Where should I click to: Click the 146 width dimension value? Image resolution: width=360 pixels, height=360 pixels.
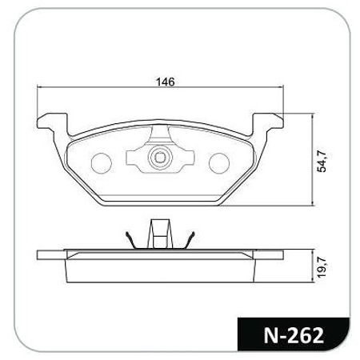165,82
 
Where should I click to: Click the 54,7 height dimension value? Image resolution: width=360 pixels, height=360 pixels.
322,161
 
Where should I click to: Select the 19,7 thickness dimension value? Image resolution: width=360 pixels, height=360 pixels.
322,267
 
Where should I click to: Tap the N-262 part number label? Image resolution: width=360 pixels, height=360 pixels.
294,335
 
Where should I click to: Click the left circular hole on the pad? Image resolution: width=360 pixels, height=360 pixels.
101,163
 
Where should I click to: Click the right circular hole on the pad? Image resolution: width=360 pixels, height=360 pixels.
219,163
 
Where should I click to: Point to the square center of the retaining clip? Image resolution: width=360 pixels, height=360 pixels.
160,158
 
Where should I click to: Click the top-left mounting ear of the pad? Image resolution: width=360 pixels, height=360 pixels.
53,122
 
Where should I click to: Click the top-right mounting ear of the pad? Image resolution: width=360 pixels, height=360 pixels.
267,122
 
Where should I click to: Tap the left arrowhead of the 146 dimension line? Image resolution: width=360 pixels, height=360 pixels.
39,87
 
